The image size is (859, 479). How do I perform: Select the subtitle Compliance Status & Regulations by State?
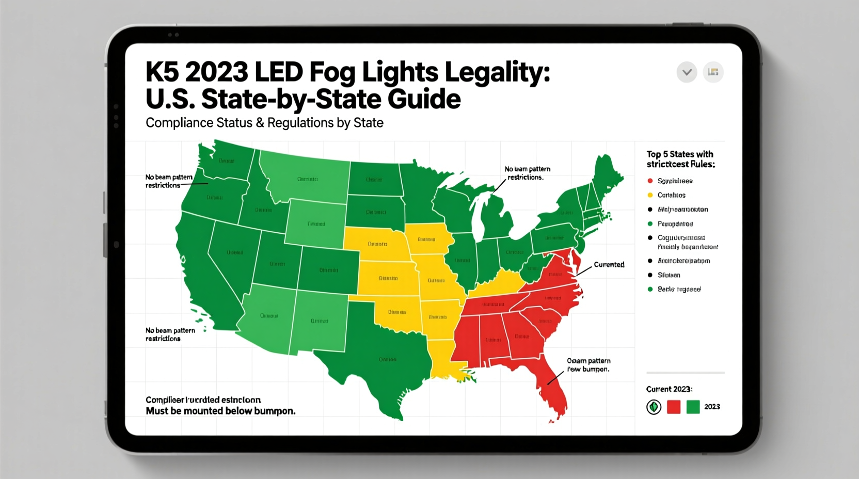click(264, 123)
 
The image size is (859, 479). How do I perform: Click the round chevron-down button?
click(687, 72)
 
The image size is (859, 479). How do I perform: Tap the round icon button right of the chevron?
click(713, 72)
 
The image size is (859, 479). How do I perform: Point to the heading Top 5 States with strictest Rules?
click(680, 159)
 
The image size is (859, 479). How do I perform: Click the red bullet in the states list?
click(650, 181)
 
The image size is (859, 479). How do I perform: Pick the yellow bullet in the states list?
click(650, 195)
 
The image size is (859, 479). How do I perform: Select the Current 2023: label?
click(669, 389)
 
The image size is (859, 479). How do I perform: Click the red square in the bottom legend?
click(674, 407)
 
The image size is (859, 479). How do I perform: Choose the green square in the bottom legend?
click(693, 407)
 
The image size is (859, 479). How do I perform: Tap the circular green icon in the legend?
click(654, 407)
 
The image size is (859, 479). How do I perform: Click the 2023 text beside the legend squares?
click(712, 407)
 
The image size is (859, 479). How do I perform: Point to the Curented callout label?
click(609, 265)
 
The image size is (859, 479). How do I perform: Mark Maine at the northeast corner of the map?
click(608, 175)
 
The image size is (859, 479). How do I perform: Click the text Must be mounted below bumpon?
click(220, 411)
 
